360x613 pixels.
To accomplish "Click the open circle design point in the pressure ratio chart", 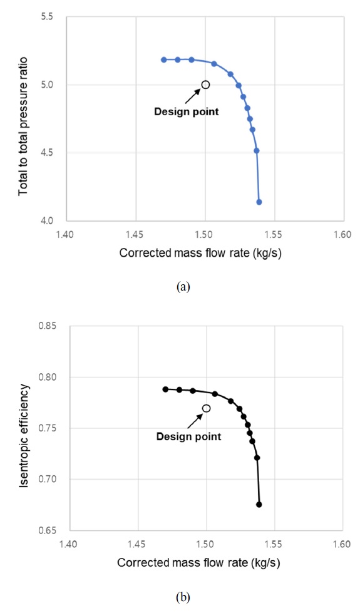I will click(x=205, y=85).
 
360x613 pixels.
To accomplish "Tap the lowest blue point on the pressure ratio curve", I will click(x=259, y=202).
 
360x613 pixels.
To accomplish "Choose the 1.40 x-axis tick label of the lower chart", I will click(x=68, y=542).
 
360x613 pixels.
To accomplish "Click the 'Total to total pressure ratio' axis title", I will click(x=24, y=119).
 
